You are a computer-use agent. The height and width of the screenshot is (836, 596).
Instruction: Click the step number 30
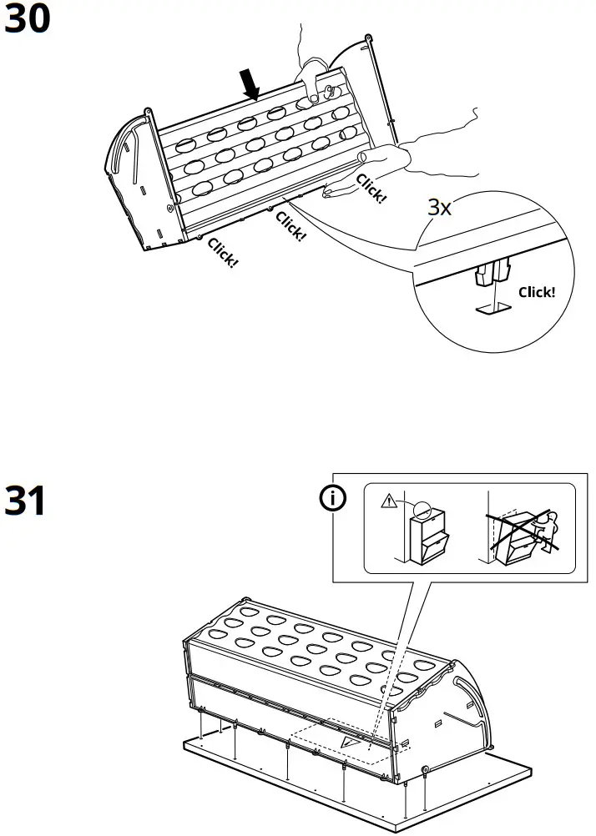[x=28, y=20]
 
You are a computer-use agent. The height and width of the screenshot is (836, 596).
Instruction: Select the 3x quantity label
[x=440, y=208]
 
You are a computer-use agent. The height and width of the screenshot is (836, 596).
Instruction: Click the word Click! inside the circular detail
[x=536, y=292]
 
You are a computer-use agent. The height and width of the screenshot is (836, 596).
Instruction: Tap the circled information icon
[x=334, y=498]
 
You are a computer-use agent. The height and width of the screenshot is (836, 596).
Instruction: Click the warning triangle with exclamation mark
[x=387, y=503]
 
